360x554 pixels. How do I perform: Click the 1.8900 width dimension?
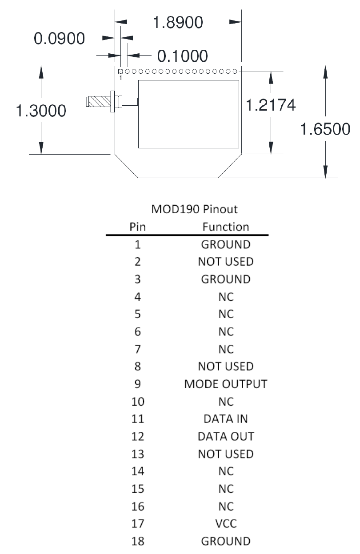(178, 22)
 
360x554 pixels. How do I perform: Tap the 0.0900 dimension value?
(60, 39)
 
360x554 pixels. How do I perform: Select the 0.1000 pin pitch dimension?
(183, 56)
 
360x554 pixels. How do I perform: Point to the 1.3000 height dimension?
(41, 111)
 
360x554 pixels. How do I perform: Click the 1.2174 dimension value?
(271, 105)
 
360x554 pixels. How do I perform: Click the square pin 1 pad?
(120, 71)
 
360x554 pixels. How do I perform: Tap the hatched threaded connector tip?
(98, 101)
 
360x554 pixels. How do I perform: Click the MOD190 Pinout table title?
(188, 209)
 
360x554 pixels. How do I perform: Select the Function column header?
(226, 227)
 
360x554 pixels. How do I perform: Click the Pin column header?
(137, 227)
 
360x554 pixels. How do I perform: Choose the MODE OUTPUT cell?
(226, 384)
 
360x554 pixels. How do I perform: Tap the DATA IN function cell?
(226, 418)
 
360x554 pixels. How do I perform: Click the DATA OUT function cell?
(226, 436)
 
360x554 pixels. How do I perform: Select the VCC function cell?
(226, 524)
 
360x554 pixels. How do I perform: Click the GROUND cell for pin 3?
(226, 279)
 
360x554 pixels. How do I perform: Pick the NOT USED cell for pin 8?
(226, 367)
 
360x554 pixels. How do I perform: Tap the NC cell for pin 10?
(226, 401)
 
